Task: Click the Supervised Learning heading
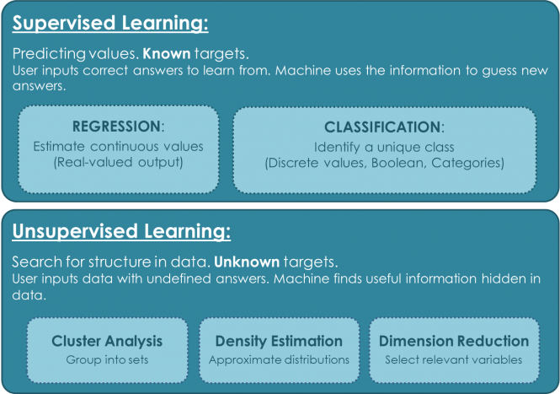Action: tap(110, 22)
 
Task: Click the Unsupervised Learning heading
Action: tap(121, 231)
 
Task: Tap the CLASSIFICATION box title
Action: tap(383, 127)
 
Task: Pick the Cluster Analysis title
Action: tap(107, 342)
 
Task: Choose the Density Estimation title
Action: tap(279, 342)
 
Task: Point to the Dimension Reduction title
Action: tap(454, 342)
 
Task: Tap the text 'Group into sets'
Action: tap(107, 359)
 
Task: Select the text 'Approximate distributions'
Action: tap(279, 359)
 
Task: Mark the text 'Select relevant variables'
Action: tap(454, 359)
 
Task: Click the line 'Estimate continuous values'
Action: tap(118, 146)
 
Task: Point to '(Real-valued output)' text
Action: tap(118, 161)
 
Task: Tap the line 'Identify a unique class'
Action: tap(383, 147)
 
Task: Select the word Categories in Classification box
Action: tap(467, 162)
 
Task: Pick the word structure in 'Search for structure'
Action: tap(105, 262)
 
